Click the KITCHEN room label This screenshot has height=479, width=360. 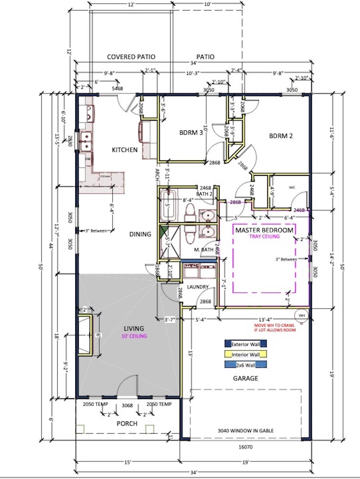(x=125, y=150)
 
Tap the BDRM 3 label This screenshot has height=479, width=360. (x=191, y=133)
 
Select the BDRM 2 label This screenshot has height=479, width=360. (x=281, y=136)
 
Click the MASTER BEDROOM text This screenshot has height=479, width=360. (x=264, y=230)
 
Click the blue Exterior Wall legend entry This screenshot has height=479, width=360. (x=246, y=344)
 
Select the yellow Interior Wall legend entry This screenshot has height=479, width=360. (x=246, y=354)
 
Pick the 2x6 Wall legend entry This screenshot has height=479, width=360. (x=246, y=365)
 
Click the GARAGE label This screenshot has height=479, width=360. (x=246, y=378)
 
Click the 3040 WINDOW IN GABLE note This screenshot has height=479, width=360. (x=246, y=430)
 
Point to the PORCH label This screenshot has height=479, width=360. (x=127, y=424)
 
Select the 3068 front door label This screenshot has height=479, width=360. (x=127, y=405)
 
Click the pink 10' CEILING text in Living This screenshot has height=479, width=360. (x=134, y=336)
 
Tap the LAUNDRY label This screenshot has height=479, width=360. (x=198, y=287)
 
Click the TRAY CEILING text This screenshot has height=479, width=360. (x=264, y=237)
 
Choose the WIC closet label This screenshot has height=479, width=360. (x=292, y=187)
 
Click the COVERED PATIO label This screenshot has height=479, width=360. (x=131, y=57)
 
